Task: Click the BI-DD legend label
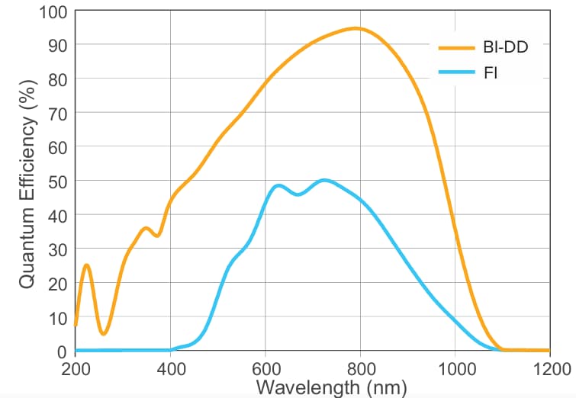[x=506, y=47]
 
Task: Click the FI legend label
[x=491, y=75]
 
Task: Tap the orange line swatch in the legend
[x=457, y=47]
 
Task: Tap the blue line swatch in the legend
[x=457, y=75]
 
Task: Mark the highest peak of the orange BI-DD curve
[x=356, y=28]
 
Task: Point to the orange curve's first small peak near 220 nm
[x=86, y=265]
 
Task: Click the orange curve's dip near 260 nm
[x=104, y=334]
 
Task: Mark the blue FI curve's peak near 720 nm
[x=324, y=180]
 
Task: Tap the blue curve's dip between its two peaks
[x=298, y=194]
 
